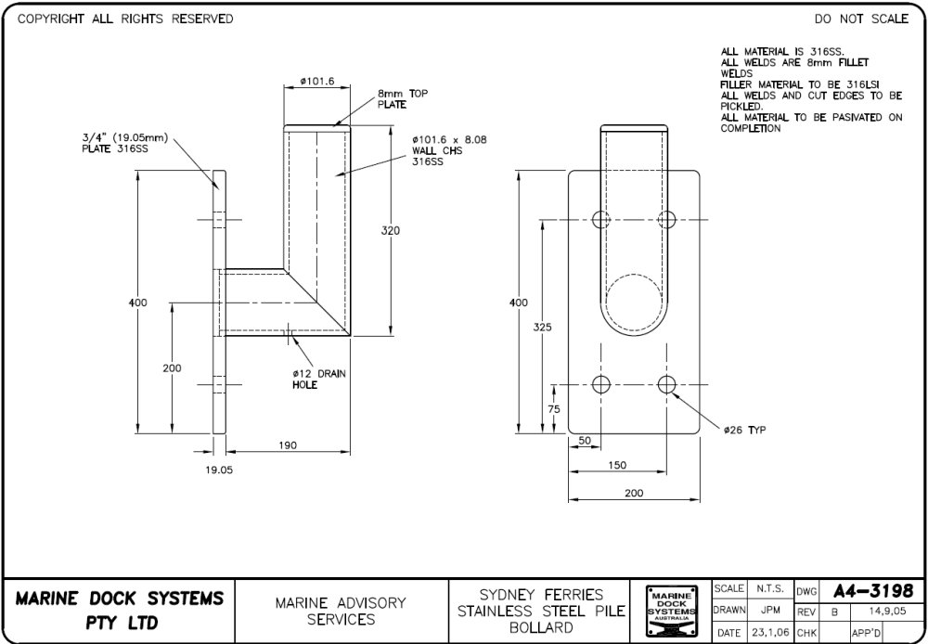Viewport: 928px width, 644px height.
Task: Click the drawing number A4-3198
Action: tap(872, 591)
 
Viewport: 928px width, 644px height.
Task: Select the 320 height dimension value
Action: tap(391, 230)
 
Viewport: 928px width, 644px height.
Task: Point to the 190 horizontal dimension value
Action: tap(288, 445)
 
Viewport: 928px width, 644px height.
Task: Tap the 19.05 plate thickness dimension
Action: tap(219, 470)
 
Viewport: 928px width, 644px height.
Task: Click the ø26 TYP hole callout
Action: tap(745, 430)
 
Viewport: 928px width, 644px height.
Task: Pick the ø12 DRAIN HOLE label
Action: tap(317, 379)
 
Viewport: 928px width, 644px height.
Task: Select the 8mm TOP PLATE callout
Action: tap(402, 98)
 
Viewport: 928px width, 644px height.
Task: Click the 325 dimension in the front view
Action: tap(543, 327)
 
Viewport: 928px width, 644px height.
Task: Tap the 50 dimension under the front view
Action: tap(585, 440)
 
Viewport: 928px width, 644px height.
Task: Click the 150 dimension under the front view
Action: tap(617, 465)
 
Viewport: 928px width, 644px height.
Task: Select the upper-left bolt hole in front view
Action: tap(601, 219)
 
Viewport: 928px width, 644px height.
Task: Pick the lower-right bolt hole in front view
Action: tap(666, 384)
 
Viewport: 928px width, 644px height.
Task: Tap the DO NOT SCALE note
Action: tap(861, 19)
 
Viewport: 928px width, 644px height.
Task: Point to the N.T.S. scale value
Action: tap(770, 588)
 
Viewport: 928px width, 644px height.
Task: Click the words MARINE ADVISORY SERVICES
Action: tap(341, 611)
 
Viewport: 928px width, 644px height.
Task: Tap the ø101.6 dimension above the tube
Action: tap(317, 83)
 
